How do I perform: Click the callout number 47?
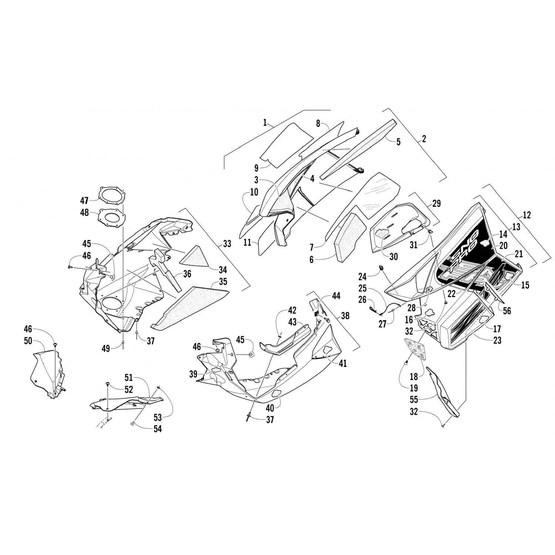(84, 201)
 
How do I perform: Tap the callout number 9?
(256, 168)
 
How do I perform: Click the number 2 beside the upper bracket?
(424, 139)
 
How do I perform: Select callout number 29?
(437, 203)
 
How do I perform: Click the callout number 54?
(158, 430)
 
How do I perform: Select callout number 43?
(292, 322)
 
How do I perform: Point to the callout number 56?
(507, 310)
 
